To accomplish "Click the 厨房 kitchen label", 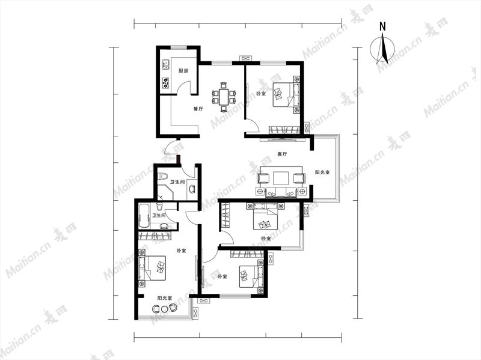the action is (183, 70).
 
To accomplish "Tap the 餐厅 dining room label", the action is (198, 109).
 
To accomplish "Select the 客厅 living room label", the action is (282, 154).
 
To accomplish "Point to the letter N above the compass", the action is (382, 26).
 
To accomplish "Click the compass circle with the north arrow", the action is (382, 49).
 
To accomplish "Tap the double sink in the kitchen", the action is (166, 64).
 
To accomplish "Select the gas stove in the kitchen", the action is (166, 83).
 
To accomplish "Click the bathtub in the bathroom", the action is (144, 216).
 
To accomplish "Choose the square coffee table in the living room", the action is (281, 178).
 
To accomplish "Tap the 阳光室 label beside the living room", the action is (322, 172).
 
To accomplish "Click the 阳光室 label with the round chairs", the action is (164, 298).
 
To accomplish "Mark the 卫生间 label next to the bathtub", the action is (159, 216).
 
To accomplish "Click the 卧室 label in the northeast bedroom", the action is (261, 94).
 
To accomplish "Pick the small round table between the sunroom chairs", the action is (164, 309).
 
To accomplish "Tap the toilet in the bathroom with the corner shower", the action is (162, 176).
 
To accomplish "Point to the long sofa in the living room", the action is (281, 192).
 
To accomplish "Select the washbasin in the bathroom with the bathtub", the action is (164, 227).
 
